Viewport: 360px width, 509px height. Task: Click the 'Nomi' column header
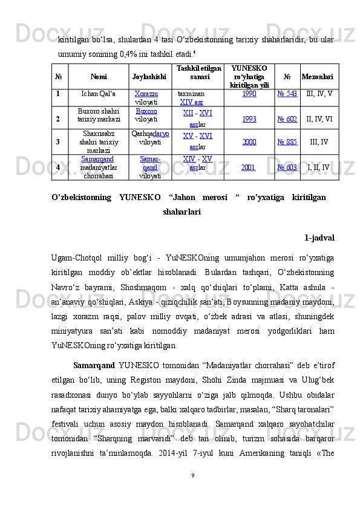pos(98,77)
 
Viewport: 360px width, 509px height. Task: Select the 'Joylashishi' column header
pos(148,77)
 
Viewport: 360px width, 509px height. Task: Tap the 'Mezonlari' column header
pos(318,77)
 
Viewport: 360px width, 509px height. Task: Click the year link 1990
pos(248,94)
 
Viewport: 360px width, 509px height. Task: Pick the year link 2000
pos(248,141)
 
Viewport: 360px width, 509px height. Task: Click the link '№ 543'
pos(287,94)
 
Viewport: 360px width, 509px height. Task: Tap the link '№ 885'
pos(287,141)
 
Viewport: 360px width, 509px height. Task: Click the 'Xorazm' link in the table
pos(146,95)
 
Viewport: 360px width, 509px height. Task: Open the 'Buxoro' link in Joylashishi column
pos(147,112)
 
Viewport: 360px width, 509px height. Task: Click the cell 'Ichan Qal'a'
pos(99,95)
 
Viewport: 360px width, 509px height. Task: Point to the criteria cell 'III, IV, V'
pos(319,94)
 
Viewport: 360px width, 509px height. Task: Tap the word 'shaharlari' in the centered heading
pos(182,212)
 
